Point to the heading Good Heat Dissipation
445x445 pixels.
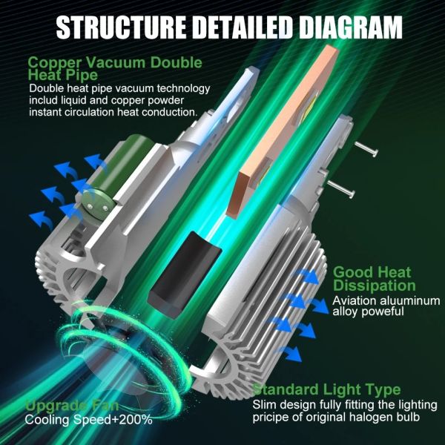[x=374, y=279]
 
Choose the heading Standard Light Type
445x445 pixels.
[x=326, y=389]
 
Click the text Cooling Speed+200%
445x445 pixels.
[x=89, y=421]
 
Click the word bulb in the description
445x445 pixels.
[x=406, y=418]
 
